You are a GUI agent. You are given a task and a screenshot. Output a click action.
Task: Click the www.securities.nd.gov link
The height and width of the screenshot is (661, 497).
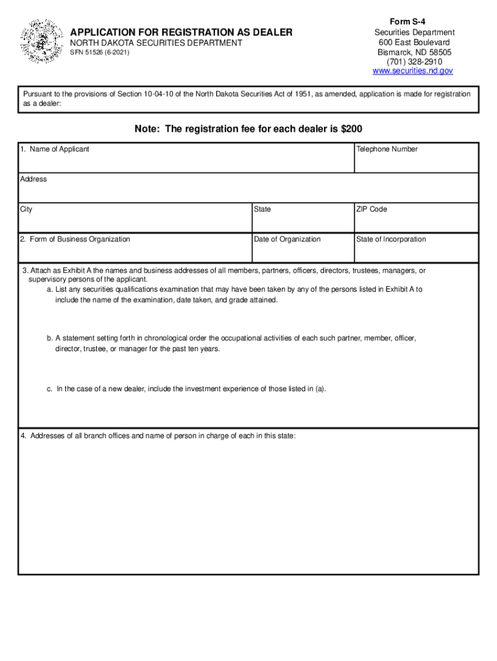(x=413, y=71)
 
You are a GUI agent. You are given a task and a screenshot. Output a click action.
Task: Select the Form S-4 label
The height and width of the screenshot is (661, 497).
(x=413, y=22)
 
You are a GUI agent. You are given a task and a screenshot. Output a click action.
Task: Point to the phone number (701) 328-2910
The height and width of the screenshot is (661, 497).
(x=413, y=61)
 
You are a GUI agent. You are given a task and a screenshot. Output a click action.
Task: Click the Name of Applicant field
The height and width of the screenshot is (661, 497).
(x=186, y=161)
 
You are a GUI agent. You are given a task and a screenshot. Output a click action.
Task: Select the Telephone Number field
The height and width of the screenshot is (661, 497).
(x=416, y=161)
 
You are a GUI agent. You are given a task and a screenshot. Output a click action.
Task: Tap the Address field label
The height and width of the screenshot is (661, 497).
(x=34, y=179)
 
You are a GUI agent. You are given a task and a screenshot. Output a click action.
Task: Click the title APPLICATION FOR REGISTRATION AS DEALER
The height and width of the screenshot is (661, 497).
(x=181, y=32)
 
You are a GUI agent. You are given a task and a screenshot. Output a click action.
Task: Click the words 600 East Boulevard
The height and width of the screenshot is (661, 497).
(x=413, y=42)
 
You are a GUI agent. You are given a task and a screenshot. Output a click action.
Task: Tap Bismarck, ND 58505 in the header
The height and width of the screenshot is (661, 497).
(x=413, y=52)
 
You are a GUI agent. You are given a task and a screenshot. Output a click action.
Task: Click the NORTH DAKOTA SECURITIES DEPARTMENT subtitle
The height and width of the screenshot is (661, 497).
(x=156, y=43)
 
